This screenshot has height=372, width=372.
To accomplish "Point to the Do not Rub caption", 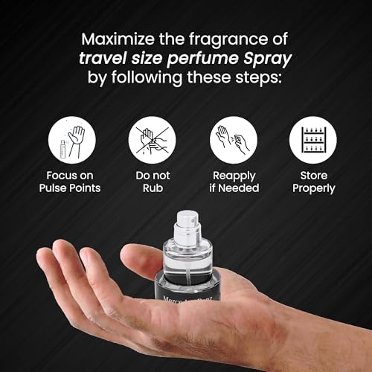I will [152, 182].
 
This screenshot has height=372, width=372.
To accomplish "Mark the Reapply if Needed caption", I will [233, 182].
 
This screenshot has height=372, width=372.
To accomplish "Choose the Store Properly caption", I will [312, 182].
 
